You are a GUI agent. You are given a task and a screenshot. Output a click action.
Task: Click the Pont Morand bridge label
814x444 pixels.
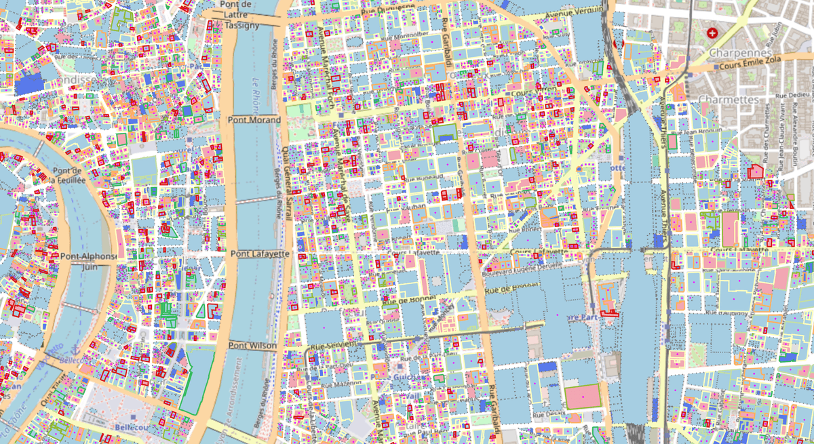(x=255, y=120)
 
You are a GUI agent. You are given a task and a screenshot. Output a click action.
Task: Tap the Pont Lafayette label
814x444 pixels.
(x=260, y=254)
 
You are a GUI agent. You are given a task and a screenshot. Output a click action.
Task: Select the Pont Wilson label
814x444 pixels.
(x=252, y=346)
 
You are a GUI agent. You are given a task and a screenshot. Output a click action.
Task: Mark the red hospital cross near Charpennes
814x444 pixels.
(x=712, y=33)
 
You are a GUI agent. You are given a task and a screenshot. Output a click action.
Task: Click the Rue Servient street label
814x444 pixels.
(x=333, y=346)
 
